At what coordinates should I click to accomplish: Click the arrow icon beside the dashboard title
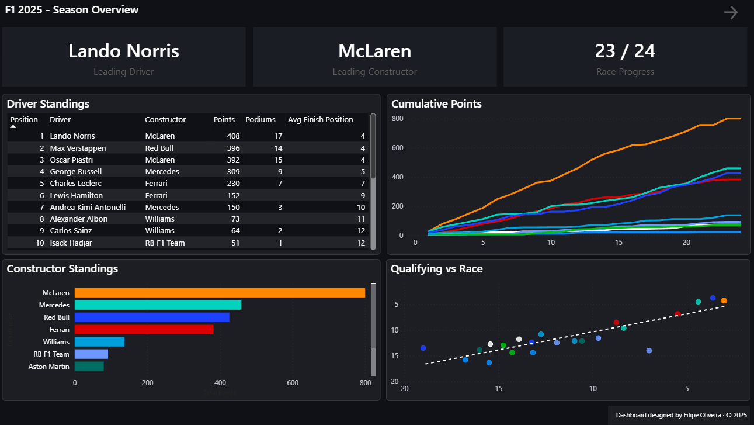click(731, 12)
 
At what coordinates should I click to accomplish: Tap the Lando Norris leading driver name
click(124, 51)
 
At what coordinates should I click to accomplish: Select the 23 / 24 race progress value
click(625, 51)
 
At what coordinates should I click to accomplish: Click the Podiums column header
click(260, 120)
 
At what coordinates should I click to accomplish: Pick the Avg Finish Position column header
click(321, 120)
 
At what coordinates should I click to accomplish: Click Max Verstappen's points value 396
click(233, 148)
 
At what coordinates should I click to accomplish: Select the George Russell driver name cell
click(76, 171)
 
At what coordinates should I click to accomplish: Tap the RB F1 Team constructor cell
click(165, 243)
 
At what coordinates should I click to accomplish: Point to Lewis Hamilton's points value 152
click(233, 195)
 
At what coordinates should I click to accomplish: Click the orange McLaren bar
click(220, 293)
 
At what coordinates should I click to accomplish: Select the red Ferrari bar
click(144, 330)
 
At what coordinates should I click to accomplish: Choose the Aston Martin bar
click(89, 367)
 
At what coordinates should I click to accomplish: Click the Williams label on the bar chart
click(56, 342)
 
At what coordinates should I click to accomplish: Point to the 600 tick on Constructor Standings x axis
click(293, 383)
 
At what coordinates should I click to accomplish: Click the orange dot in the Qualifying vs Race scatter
click(724, 300)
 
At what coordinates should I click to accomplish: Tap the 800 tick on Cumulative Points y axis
click(397, 119)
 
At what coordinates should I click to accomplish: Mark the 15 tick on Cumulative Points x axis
click(619, 243)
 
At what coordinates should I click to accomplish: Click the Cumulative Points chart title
click(436, 104)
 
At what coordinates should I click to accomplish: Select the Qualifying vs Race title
click(437, 268)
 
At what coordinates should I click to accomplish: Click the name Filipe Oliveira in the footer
click(702, 415)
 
